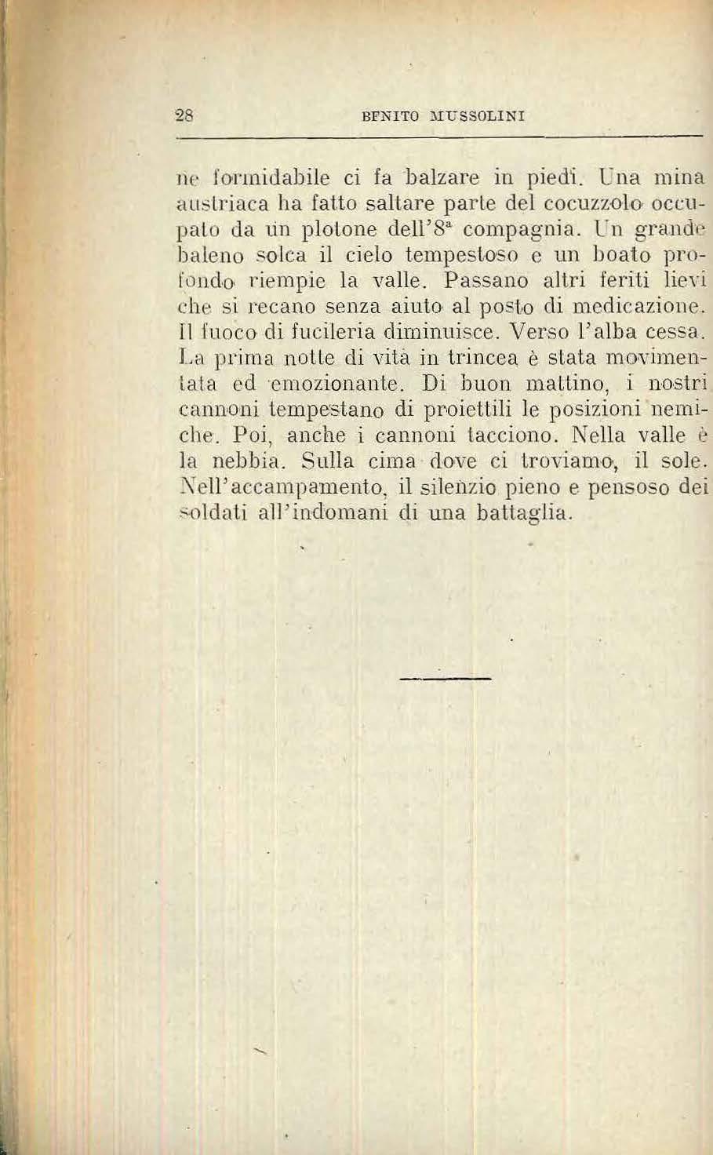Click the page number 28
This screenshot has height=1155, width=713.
[x=185, y=115]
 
